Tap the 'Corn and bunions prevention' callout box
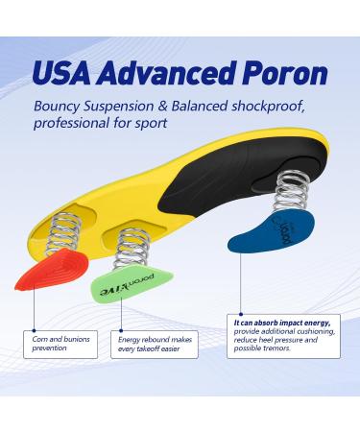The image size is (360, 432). (x=61, y=343)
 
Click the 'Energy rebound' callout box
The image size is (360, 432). (x=156, y=343)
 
